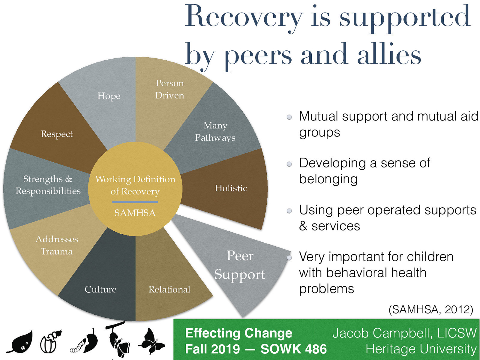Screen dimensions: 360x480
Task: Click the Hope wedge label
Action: tap(109, 96)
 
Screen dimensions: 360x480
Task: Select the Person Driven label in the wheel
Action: tap(169, 89)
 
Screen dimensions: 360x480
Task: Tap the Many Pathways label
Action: tap(215, 131)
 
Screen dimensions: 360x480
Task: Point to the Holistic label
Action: tap(231, 188)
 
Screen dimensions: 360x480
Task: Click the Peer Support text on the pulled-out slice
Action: tap(240, 265)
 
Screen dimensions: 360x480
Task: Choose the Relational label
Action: tap(169, 289)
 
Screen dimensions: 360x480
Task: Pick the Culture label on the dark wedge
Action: tap(100, 289)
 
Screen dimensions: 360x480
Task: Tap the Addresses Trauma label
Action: tap(57, 245)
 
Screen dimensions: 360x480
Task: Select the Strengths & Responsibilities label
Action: tap(48, 185)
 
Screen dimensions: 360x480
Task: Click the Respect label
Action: tap(57, 134)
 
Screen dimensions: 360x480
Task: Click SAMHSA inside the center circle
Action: tap(135, 213)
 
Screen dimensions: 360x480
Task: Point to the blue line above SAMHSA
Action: tap(135, 202)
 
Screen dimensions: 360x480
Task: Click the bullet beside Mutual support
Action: tap(289, 117)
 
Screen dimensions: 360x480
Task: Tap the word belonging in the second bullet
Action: tap(328, 179)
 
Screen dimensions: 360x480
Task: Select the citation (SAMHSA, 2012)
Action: tap(430, 309)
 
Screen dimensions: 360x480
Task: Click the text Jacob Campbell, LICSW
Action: tap(404, 333)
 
